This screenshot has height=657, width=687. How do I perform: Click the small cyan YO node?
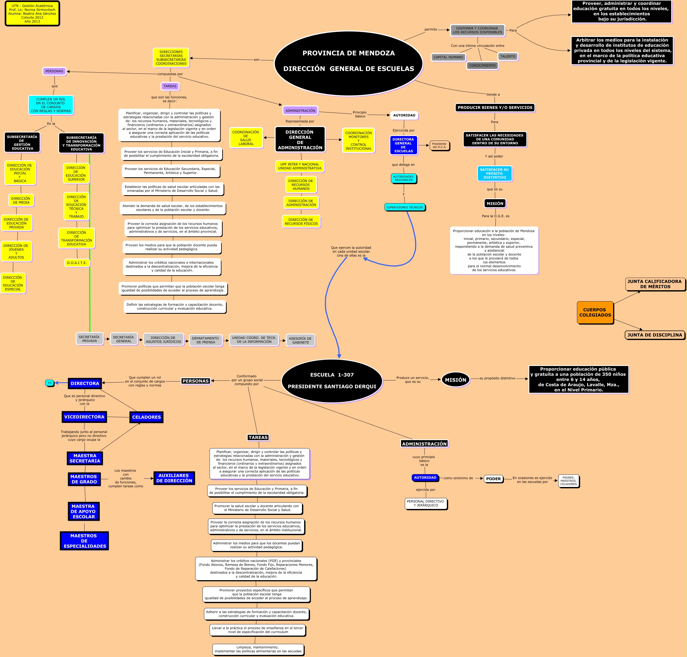(x=49, y=383)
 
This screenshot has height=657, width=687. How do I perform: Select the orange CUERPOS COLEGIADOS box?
(x=595, y=312)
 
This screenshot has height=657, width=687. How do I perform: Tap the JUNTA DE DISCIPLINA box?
(x=654, y=335)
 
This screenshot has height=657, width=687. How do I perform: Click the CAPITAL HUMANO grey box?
(x=448, y=57)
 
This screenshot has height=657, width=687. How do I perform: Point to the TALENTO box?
(x=507, y=56)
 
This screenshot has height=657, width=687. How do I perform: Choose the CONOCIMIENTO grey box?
(x=482, y=66)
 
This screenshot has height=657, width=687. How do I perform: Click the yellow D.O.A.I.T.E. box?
(x=77, y=263)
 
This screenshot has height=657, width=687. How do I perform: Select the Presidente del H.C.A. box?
(x=439, y=145)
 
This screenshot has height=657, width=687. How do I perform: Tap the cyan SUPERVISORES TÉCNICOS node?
(x=405, y=207)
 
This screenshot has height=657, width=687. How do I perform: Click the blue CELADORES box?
(x=146, y=417)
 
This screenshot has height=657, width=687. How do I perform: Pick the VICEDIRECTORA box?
(x=84, y=417)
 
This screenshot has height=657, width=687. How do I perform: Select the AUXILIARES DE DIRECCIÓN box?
(x=174, y=478)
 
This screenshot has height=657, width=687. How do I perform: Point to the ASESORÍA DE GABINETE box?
(x=300, y=340)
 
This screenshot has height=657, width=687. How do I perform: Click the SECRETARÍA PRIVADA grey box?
(x=89, y=339)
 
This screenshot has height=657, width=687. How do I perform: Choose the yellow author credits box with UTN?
(x=32, y=14)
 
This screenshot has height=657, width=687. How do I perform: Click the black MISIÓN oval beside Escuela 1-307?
(x=455, y=380)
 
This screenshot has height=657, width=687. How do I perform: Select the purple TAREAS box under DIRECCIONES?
(x=170, y=86)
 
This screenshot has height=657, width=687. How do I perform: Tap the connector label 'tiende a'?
(x=493, y=95)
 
